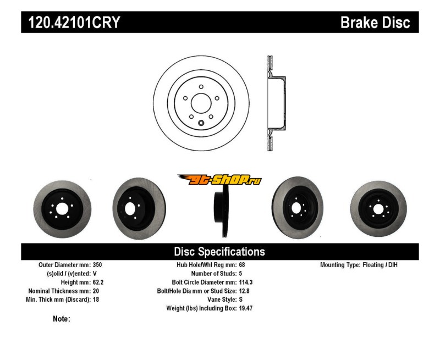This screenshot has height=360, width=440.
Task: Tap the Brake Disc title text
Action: point(375,23)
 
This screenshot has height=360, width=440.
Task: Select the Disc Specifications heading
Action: point(219,252)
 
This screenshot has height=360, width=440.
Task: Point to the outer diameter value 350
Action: point(98,265)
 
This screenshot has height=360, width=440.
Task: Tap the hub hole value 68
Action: point(242,265)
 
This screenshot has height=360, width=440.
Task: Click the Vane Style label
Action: point(219,300)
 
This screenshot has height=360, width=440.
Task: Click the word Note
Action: point(61,319)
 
